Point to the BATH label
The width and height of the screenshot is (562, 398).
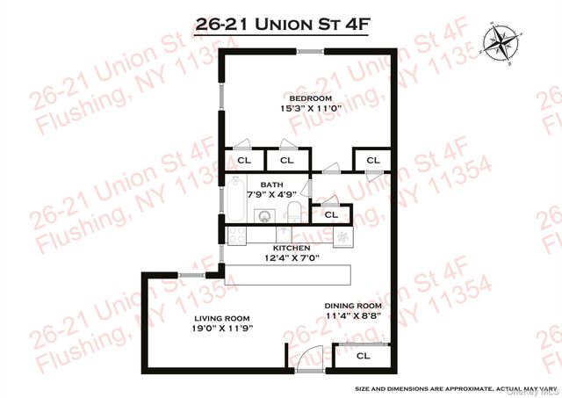[259, 185]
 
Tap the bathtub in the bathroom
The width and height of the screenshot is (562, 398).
[236, 201]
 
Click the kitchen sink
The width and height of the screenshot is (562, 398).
[284, 235]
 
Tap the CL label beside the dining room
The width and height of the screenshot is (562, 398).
[363, 358]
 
